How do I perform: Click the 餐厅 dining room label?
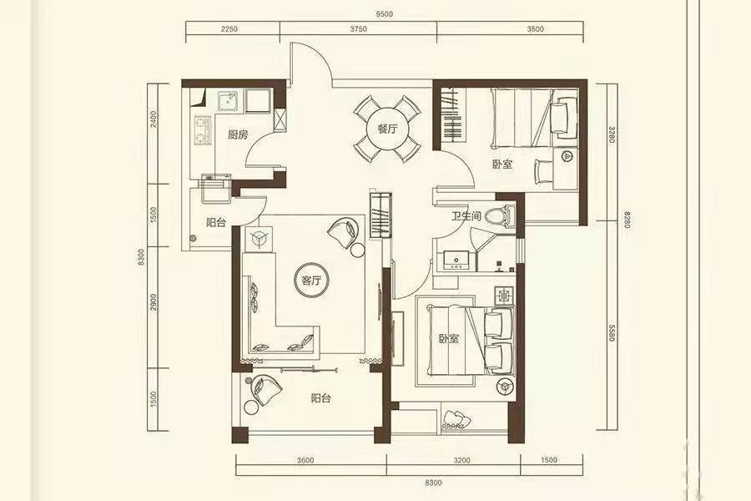pyautogui.click(x=387, y=129)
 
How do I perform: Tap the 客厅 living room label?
pyautogui.click(x=311, y=281)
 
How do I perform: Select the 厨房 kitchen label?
pyautogui.click(x=238, y=134)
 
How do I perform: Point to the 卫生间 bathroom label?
pyautogui.click(x=466, y=216)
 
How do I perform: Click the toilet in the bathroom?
pyautogui.click(x=500, y=215)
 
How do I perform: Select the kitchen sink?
pyautogui.click(x=229, y=102)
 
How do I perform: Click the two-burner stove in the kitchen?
pyautogui.click(x=203, y=130)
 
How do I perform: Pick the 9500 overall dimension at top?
pyautogui.click(x=384, y=14)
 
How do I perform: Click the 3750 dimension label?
pyautogui.click(x=358, y=28)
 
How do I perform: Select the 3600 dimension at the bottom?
pyautogui.click(x=305, y=460)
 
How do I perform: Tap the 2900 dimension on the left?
pyautogui.click(x=154, y=302)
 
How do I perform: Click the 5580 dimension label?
pyautogui.click(x=612, y=332)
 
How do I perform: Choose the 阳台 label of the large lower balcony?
pyautogui.click(x=321, y=398)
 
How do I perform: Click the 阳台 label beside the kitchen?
pyautogui.click(x=216, y=222)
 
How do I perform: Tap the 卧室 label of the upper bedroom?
pyautogui.click(x=502, y=164)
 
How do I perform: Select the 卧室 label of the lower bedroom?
pyautogui.click(x=449, y=338)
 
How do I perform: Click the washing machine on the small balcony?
pyautogui.click(x=216, y=188)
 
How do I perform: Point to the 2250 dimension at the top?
pyautogui.click(x=229, y=28)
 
